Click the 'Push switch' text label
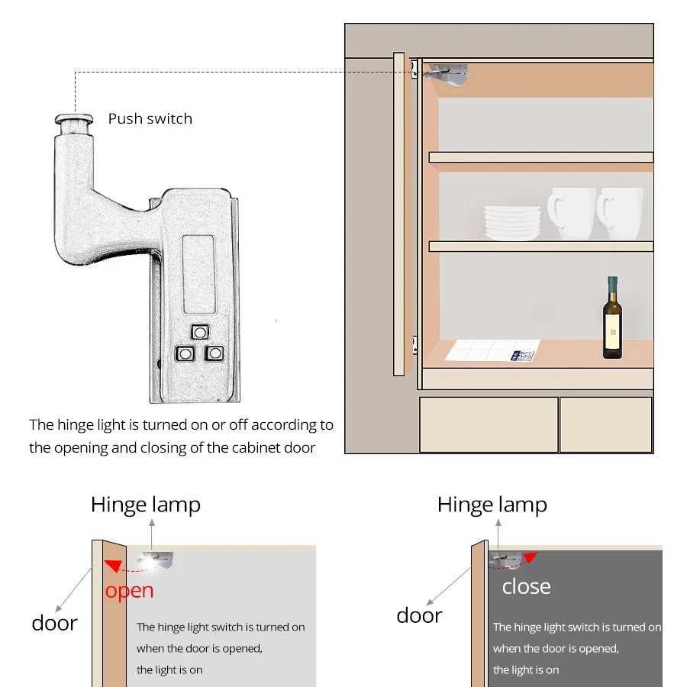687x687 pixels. tap(150, 118)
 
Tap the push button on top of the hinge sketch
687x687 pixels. tap(73, 121)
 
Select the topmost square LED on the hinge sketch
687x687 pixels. tap(200, 331)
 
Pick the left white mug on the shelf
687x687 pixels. tap(570, 213)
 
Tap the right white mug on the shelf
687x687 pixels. tap(620, 213)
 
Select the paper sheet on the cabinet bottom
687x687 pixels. tap(493, 351)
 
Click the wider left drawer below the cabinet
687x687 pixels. tap(489, 424)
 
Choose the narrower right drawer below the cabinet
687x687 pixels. tap(606, 424)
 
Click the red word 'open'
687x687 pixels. tap(130, 590)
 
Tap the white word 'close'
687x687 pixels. tap(526, 586)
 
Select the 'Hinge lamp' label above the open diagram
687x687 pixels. tap(146, 505)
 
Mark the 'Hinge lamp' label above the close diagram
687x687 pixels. tap(492, 505)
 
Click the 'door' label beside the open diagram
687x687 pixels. tap(54, 623)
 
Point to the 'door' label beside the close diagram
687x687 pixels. tap(419, 615)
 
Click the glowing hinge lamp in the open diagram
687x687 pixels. tap(152, 561)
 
